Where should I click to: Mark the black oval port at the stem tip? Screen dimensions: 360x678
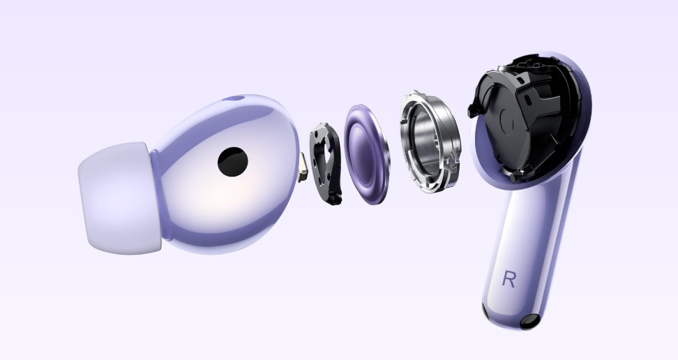(532, 322)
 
